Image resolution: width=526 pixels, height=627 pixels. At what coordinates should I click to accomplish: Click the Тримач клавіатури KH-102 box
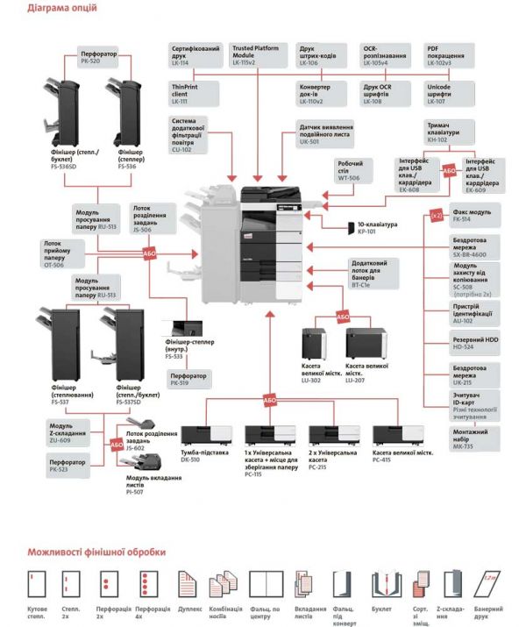[448, 132]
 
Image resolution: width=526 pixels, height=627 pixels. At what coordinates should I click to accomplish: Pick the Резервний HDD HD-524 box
[473, 342]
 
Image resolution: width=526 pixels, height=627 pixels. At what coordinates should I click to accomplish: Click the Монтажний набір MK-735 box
[473, 438]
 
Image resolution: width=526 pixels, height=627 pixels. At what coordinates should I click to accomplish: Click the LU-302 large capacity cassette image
[313, 345]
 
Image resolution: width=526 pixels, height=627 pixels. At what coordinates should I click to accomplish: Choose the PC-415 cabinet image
[393, 436]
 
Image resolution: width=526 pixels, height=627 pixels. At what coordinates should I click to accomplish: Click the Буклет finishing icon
[380, 583]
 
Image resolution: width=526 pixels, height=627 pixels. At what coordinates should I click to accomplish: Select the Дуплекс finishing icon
[188, 583]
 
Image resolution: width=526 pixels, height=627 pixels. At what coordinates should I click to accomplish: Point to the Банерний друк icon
[487, 583]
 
